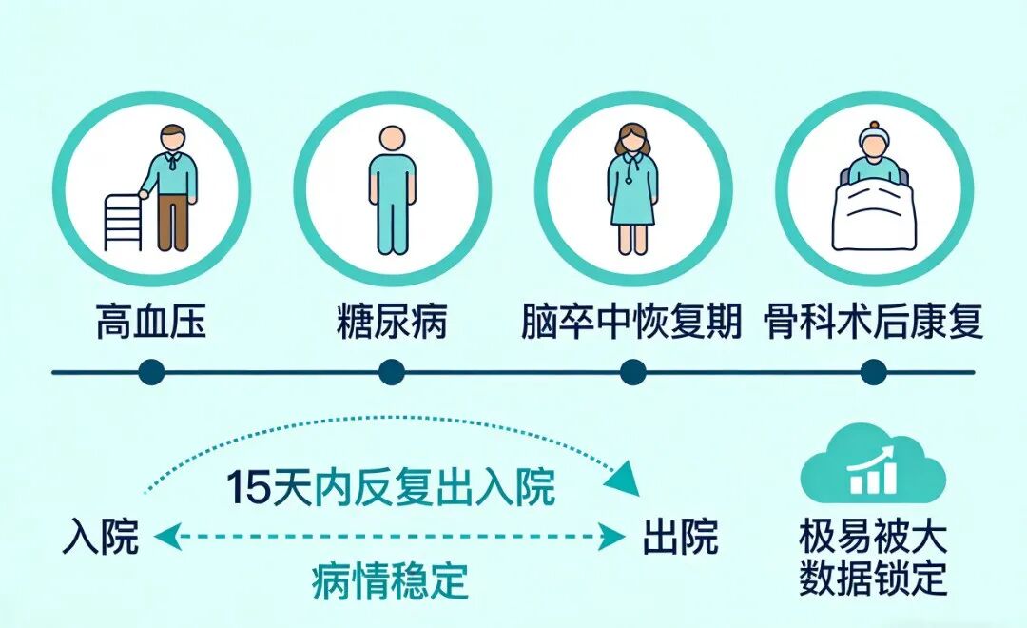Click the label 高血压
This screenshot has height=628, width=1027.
(x=150, y=323)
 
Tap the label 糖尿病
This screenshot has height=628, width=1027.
(x=392, y=323)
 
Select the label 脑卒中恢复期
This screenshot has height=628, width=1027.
(x=630, y=323)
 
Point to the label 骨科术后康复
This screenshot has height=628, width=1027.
(x=873, y=323)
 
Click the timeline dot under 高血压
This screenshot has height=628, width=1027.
(x=150, y=372)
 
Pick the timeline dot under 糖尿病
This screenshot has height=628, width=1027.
(x=392, y=372)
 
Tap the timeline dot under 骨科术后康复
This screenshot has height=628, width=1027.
(x=873, y=372)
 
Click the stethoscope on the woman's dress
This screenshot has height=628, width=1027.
(x=631, y=174)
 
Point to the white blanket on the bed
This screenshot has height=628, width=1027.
(x=872, y=217)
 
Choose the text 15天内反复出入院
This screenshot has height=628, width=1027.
(x=391, y=487)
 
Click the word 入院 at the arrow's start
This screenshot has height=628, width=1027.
(x=101, y=539)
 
